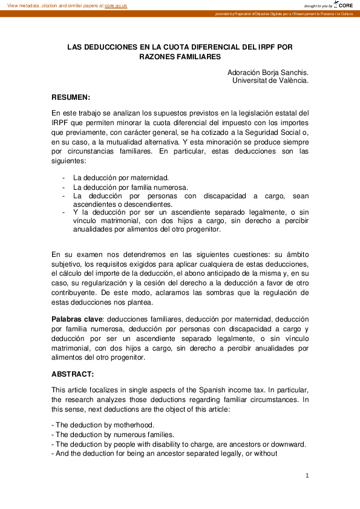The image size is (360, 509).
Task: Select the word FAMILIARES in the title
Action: click(195, 56)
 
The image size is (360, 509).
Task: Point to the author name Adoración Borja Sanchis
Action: click(267, 72)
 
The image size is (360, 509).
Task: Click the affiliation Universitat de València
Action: click(270, 80)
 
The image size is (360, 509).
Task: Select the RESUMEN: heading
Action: click(71, 97)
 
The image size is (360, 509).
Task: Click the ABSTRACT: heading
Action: click(73, 374)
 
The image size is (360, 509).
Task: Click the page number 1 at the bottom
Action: click(307, 476)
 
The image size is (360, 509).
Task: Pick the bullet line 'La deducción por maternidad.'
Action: click(121, 178)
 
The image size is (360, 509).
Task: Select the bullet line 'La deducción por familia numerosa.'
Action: click(131, 187)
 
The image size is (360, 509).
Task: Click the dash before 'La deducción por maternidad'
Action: click(64, 178)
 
